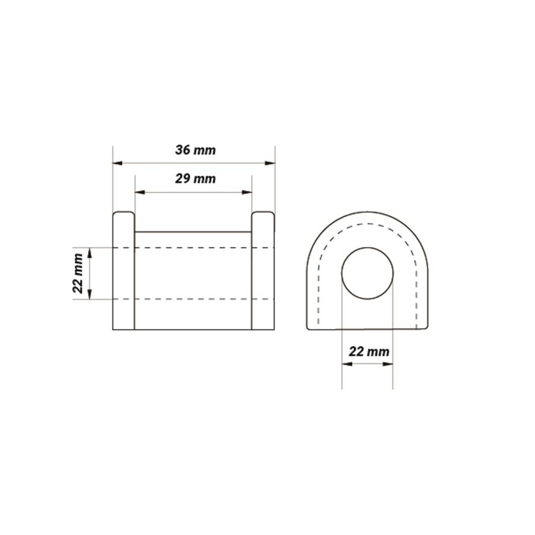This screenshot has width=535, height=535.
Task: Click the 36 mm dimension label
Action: click(195, 150)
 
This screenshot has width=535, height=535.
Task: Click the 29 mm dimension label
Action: click(195, 179)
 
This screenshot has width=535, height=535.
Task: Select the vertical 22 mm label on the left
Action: click(78, 273)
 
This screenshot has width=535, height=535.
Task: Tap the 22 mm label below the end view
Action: click(369, 351)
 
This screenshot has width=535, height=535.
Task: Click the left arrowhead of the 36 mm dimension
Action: click(118, 163)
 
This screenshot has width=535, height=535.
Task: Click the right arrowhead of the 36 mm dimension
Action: click(270, 163)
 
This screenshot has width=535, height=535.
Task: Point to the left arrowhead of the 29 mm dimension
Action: click(140, 193)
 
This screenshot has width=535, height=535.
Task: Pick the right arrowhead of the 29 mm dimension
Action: click(247, 193)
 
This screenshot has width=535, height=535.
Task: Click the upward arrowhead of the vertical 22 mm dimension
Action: click(90, 253)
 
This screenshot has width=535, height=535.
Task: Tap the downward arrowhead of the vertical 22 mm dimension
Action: click(90, 294)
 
